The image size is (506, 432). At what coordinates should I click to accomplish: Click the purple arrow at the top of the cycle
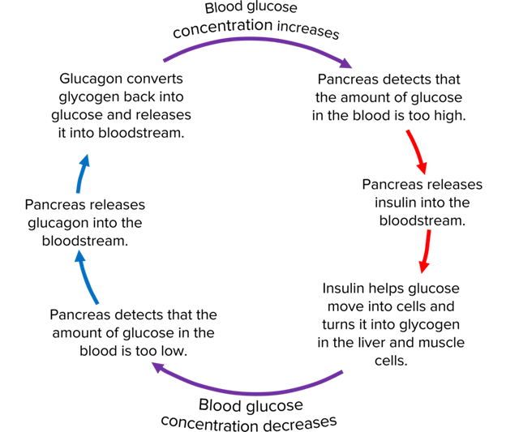pyautogui.click(x=259, y=45)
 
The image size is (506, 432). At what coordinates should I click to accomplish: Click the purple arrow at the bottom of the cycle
pyautogui.click(x=243, y=387)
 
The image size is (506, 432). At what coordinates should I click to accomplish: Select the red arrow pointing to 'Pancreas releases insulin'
pyautogui.click(x=414, y=149)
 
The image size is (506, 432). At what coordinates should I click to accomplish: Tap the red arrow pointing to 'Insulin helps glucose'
pyautogui.click(x=425, y=251)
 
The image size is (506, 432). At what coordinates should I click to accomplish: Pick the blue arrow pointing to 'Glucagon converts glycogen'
pyautogui.click(x=81, y=171)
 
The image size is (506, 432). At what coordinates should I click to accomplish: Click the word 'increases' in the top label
pyautogui.click(x=307, y=32)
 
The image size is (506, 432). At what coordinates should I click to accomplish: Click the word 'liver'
pyautogui.click(x=370, y=342)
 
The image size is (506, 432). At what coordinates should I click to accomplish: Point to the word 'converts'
pyautogui.click(x=154, y=79)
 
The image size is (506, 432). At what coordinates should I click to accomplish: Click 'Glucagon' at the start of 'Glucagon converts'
pyautogui.click(x=91, y=79)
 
